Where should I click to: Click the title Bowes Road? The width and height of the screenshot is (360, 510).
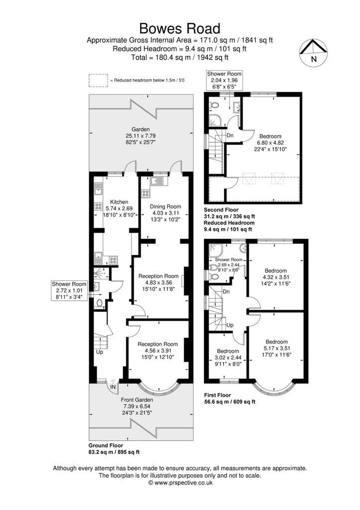coord(180,28)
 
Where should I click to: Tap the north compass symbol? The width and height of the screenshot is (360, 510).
coord(313,53)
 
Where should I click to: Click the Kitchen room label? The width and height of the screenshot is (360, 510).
coord(119,202)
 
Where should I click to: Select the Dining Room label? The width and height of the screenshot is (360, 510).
coord(165,207)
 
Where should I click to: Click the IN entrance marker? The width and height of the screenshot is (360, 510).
coord(113,387)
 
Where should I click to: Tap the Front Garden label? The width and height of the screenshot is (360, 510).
coord(137,400)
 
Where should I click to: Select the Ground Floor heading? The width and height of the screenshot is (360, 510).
coord(106,445)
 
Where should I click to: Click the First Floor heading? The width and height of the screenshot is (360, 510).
coord(218,395)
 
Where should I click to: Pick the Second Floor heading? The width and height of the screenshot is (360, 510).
coord(221,210)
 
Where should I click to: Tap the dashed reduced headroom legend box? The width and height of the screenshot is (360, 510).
coord(98,80)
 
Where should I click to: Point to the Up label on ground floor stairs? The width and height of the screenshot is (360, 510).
coord(100,352)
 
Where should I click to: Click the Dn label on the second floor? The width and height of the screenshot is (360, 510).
coord(230,135)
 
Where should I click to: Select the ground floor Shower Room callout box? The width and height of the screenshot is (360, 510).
coord(69,290)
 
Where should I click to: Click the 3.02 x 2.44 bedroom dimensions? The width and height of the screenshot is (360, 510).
coord(228,358)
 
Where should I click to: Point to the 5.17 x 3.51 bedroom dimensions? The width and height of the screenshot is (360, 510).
coord(277,348)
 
